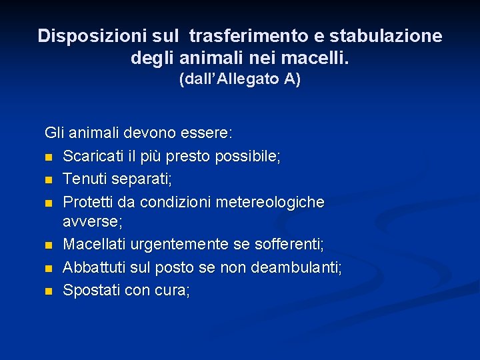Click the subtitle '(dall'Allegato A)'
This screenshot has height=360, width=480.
(240, 79)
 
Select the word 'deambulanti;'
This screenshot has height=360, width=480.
(301, 268)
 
